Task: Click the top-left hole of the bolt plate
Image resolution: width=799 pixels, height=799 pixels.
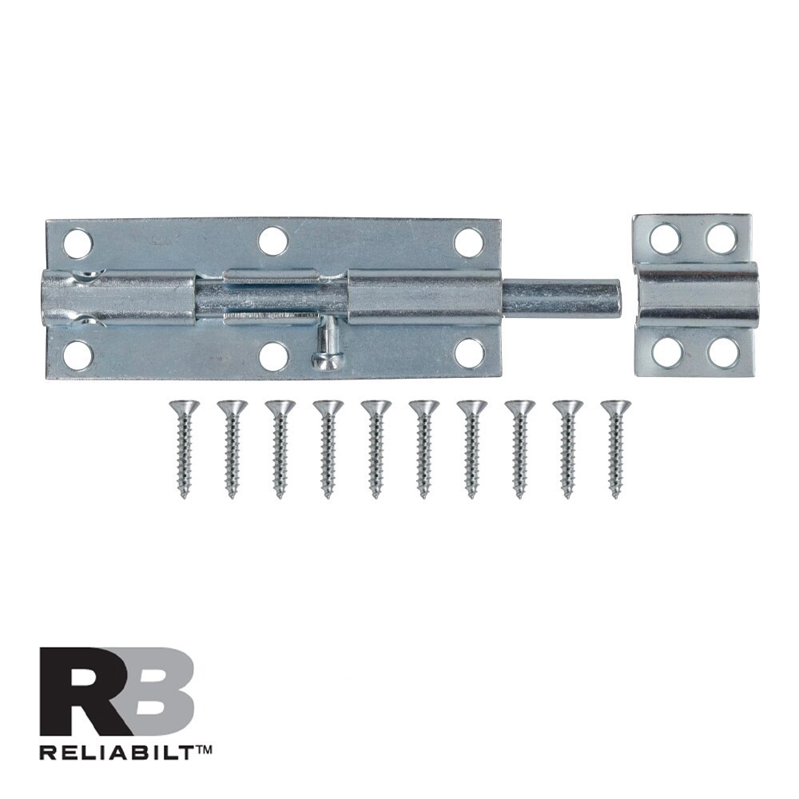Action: tap(78, 243)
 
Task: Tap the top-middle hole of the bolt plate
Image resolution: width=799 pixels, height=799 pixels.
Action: tap(272, 240)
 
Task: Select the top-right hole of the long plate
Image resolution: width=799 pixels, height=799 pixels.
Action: tap(469, 242)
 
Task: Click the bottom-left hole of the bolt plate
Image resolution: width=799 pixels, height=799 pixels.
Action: tap(78, 355)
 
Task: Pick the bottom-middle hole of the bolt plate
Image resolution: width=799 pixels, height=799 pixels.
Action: tap(273, 356)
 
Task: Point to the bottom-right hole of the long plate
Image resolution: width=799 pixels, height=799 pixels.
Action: tap(469, 353)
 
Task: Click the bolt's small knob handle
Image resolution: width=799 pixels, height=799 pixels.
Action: tap(327, 352)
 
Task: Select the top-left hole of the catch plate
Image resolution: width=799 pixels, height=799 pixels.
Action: tap(665, 238)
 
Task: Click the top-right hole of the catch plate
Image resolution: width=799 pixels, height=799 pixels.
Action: tap(721, 238)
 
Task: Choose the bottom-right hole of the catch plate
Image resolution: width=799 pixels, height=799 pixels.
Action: tap(723, 352)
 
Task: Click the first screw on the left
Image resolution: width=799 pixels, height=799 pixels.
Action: tap(184, 447)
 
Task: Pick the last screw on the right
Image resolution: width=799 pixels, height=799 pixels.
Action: tap(615, 447)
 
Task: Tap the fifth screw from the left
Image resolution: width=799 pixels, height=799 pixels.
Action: tap(376, 447)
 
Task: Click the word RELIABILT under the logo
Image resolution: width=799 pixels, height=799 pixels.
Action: tap(113, 751)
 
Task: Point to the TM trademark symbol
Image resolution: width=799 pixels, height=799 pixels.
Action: tap(202, 749)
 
